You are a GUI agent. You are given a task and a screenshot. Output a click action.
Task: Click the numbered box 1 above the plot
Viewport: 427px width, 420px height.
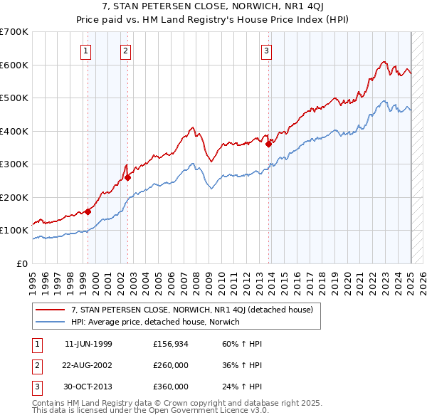pyautogui.click(x=85, y=51)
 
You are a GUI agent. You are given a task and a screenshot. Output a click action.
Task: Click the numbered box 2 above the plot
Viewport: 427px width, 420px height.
pyautogui.click(x=125, y=51)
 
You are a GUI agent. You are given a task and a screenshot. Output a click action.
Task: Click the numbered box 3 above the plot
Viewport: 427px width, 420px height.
pyautogui.click(x=266, y=51)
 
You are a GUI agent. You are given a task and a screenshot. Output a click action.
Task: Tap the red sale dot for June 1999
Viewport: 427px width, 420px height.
pyautogui.click(x=88, y=211)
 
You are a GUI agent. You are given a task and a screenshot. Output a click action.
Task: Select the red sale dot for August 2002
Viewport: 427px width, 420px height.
pyautogui.click(x=128, y=178)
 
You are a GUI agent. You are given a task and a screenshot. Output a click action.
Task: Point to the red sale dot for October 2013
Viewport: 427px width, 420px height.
pyautogui.click(x=269, y=145)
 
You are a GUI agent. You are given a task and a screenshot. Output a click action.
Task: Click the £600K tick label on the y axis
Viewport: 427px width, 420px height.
pyautogui.click(x=14, y=65)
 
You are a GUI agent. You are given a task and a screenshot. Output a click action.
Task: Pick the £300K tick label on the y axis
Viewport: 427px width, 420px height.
pyautogui.click(x=14, y=164)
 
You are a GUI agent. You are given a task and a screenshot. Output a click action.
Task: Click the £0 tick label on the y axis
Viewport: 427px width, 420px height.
pyautogui.click(x=21, y=264)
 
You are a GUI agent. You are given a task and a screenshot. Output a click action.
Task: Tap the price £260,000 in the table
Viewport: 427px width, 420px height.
pyautogui.click(x=171, y=365)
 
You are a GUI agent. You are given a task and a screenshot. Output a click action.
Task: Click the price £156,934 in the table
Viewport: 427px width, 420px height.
pyautogui.click(x=171, y=344)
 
